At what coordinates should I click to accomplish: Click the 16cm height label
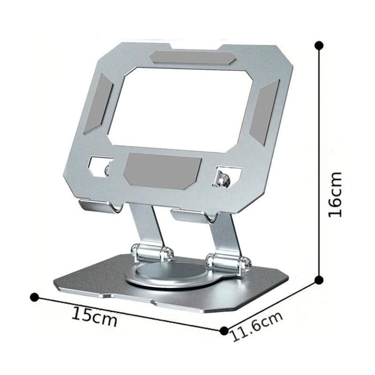click(335, 195)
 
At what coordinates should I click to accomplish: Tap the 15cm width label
click(94, 318)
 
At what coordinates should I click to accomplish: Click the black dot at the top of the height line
click(319, 45)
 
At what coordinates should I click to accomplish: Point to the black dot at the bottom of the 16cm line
click(319, 280)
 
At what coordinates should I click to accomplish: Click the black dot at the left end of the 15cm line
click(34, 297)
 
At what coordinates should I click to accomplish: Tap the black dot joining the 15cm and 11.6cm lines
click(224, 330)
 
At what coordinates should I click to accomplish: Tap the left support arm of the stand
click(146, 225)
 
